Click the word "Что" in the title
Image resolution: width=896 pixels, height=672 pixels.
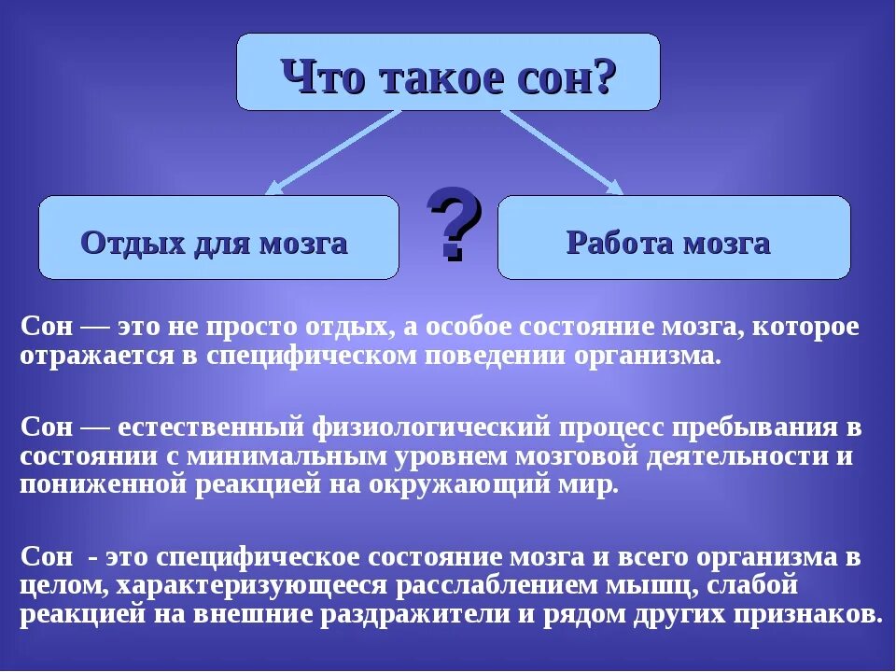click(323, 75)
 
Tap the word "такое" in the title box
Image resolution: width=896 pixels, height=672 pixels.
click(435, 75)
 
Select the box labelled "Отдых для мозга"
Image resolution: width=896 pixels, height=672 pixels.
click(218, 237)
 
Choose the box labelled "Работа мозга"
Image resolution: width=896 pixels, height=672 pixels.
click(673, 237)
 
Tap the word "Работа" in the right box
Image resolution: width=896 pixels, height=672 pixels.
click(621, 244)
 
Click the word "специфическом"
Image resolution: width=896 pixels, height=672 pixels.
click(332, 356)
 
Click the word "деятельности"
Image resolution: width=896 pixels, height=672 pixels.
click(733, 457)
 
